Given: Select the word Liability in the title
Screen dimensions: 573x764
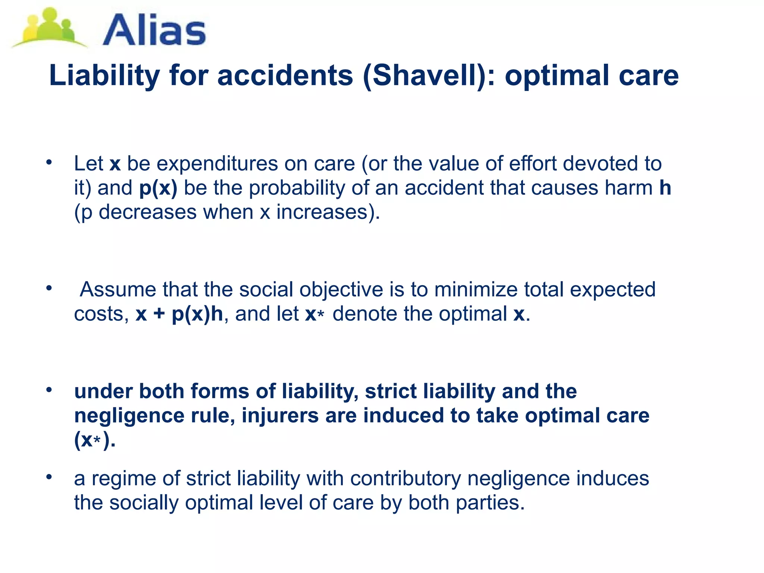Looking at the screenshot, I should pyautogui.click(x=104, y=76).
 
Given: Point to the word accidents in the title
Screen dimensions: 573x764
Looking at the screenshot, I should pyautogui.click(x=285, y=76).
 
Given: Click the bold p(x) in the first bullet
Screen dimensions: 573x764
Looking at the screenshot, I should pyautogui.click(x=158, y=188).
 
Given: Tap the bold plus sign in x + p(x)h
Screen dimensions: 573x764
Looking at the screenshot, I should pyautogui.click(x=159, y=314).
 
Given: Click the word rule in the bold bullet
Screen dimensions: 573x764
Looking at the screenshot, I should pyautogui.click(x=212, y=416).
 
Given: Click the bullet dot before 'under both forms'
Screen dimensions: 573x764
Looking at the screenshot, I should pyautogui.click(x=48, y=390).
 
